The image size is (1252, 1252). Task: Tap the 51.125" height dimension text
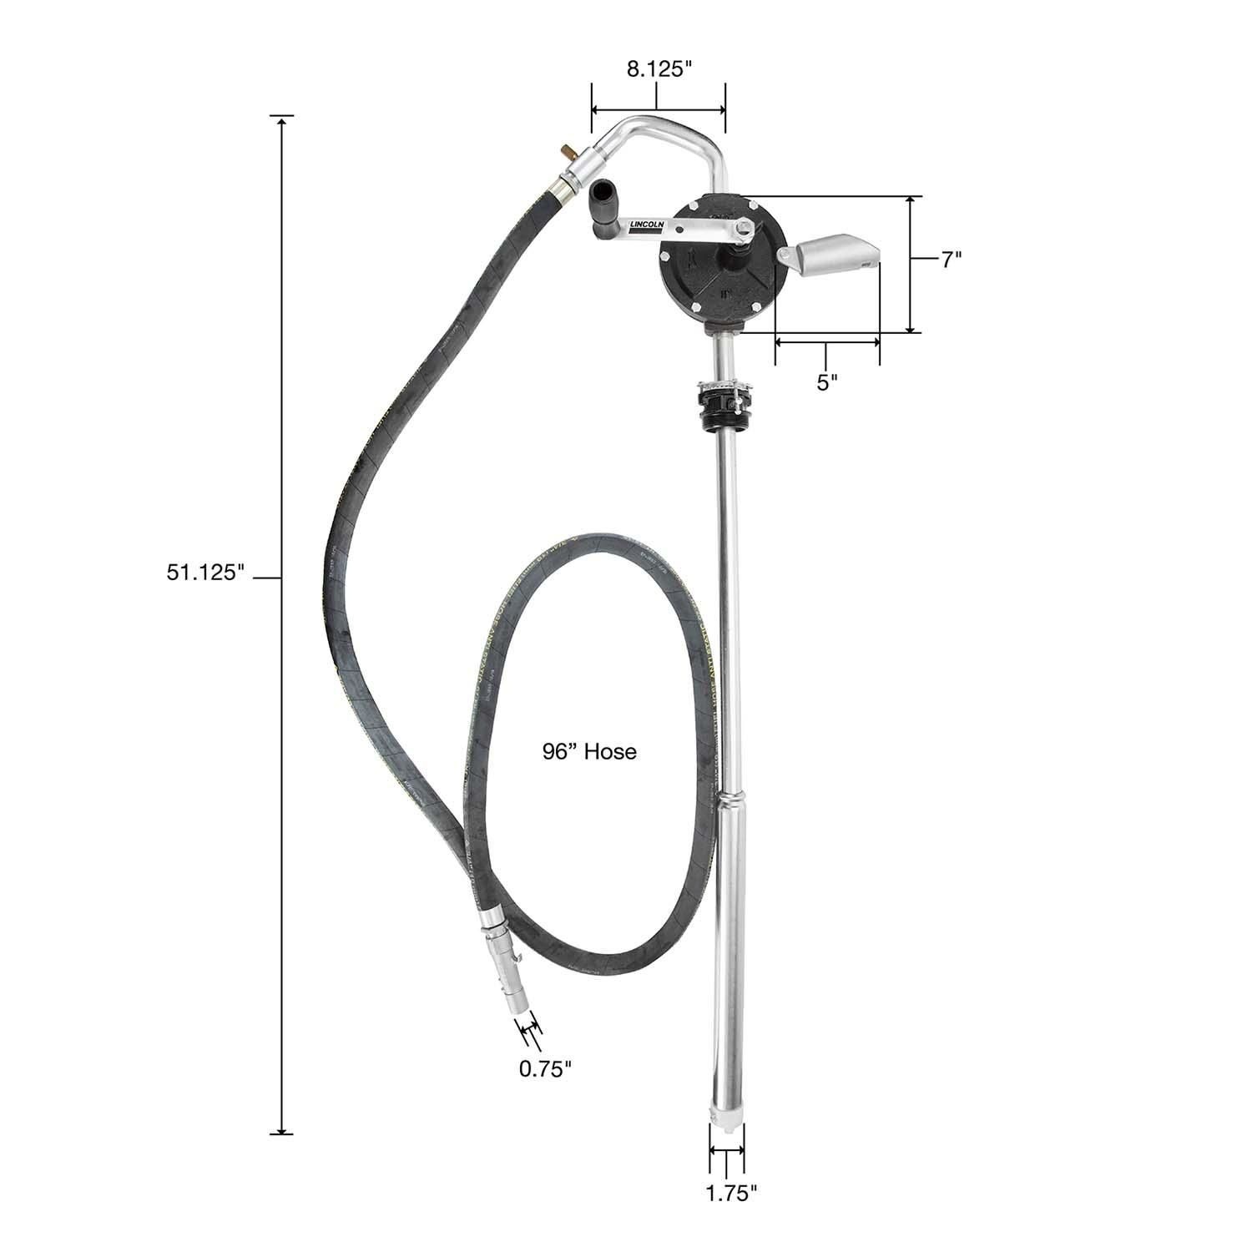(x=204, y=575)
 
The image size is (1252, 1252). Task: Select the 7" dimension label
(x=952, y=260)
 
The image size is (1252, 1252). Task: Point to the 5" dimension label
(x=827, y=382)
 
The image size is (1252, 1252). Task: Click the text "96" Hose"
(x=589, y=752)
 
